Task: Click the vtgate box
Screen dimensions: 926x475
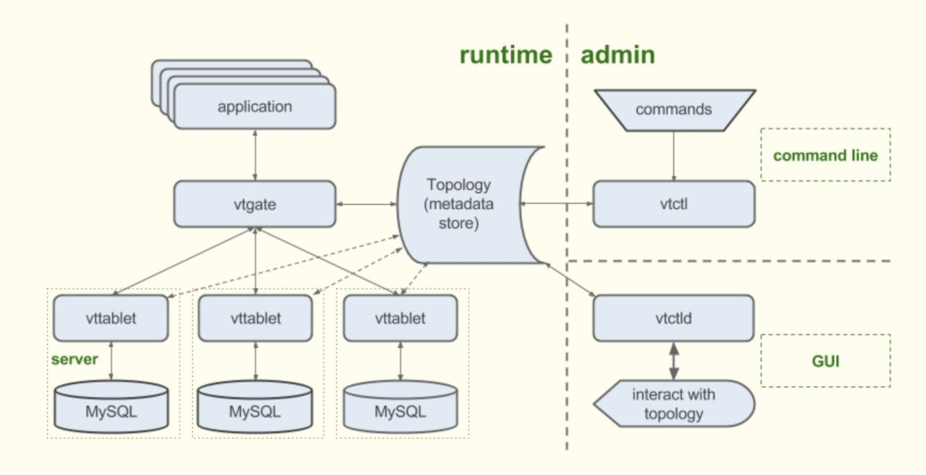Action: pos(255,204)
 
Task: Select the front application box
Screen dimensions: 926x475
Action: pos(255,106)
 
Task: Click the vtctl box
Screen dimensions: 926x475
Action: pos(674,204)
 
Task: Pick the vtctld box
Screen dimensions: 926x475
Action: pos(674,318)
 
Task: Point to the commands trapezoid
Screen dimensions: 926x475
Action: pos(675,110)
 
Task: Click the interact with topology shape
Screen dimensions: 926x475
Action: pos(674,404)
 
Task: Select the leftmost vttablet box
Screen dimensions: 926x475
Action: pos(111,318)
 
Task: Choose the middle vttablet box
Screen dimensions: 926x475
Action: pos(256,318)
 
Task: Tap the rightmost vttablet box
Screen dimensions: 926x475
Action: pos(400,318)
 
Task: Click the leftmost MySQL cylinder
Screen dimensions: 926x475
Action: pos(111,406)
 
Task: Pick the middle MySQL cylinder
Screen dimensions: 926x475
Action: pos(255,406)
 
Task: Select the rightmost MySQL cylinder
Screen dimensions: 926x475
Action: pos(400,406)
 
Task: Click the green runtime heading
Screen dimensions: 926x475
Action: pos(506,55)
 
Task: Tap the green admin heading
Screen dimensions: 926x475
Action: pos(617,55)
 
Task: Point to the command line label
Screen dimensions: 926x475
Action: pos(826,155)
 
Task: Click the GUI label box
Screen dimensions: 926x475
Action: pos(826,360)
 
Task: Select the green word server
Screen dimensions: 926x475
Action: pos(75,359)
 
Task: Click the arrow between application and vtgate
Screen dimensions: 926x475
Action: pos(256,155)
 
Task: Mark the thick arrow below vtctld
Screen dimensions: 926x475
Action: pos(674,361)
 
